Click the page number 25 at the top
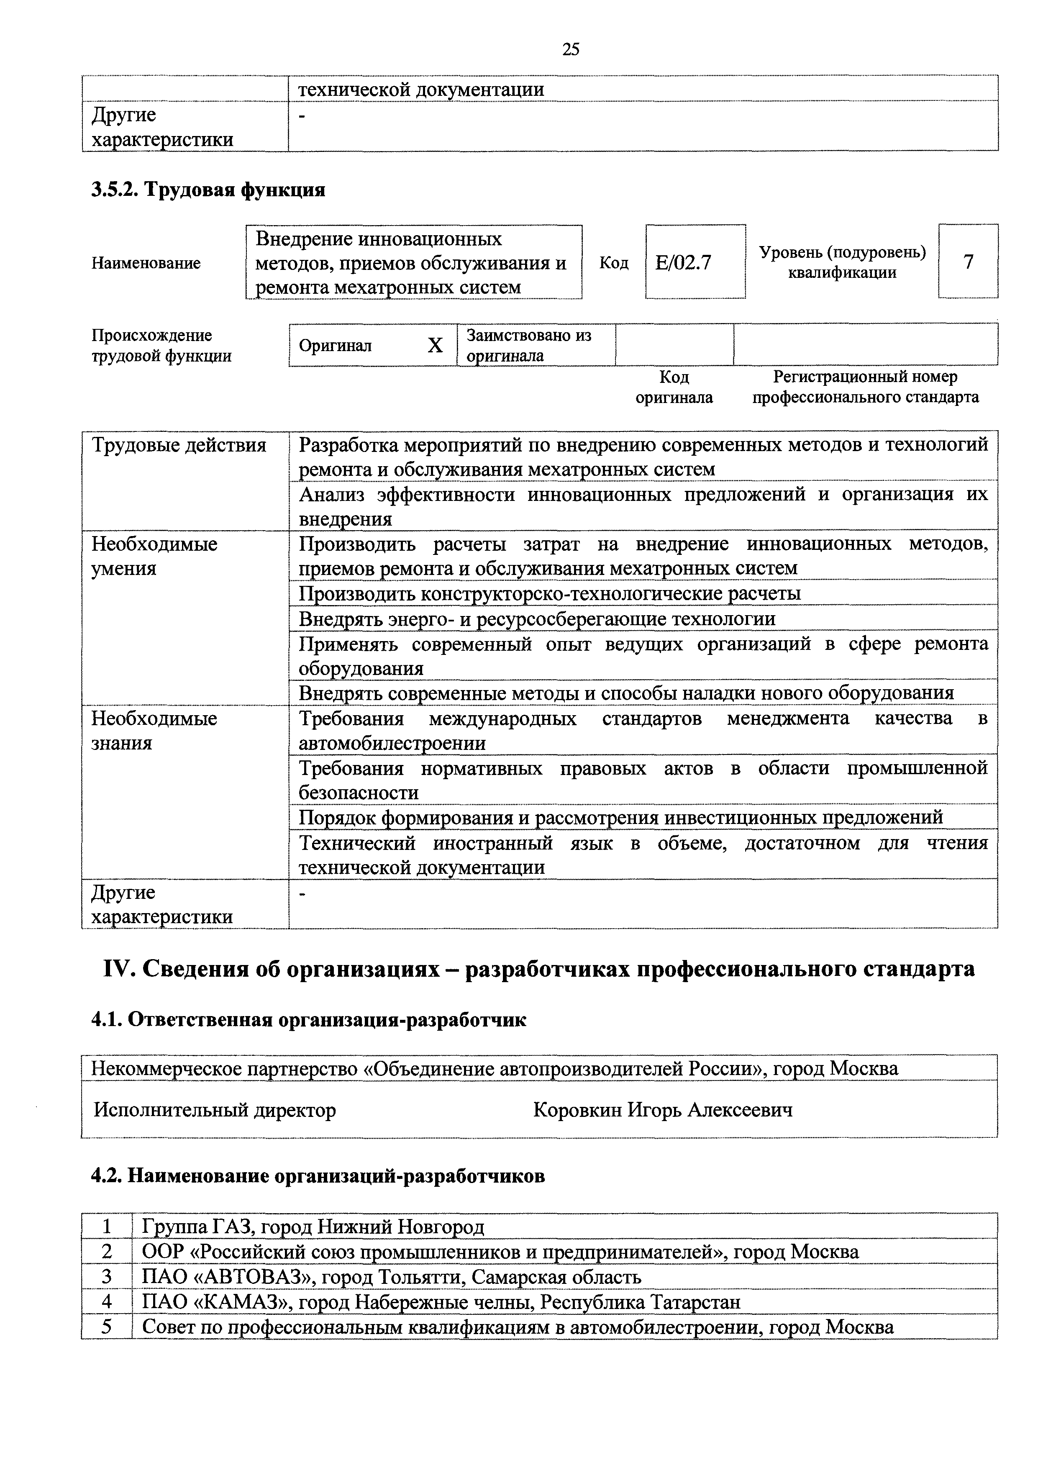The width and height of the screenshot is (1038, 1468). coord(571,49)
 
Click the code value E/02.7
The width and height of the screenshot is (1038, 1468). coord(683,263)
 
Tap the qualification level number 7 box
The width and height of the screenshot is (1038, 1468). coord(968,262)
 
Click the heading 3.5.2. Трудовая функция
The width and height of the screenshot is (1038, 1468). coord(208,190)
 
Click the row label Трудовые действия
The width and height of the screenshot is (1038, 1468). coord(179,445)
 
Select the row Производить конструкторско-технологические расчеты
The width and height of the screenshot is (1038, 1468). coord(550,593)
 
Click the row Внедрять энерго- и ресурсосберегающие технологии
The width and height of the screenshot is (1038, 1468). coord(537,619)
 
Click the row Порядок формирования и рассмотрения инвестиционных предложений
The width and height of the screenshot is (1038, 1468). coord(620,817)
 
